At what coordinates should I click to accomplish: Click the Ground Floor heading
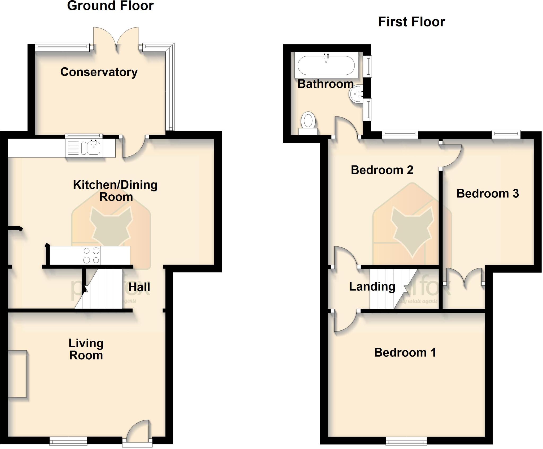point(110,6)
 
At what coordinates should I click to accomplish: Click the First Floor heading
point(411,22)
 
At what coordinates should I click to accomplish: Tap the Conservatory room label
point(99,72)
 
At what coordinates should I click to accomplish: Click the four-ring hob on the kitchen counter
point(91,255)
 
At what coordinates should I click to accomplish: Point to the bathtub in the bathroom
point(326,65)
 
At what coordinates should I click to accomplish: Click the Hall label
point(139,287)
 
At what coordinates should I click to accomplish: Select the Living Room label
point(86,349)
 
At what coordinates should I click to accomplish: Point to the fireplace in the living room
point(17,374)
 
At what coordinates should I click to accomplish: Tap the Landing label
point(372,286)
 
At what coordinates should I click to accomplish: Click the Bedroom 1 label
point(405,353)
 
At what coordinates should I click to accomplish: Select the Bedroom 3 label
point(487,194)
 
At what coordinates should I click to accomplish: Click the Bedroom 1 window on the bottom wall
point(406,441)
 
